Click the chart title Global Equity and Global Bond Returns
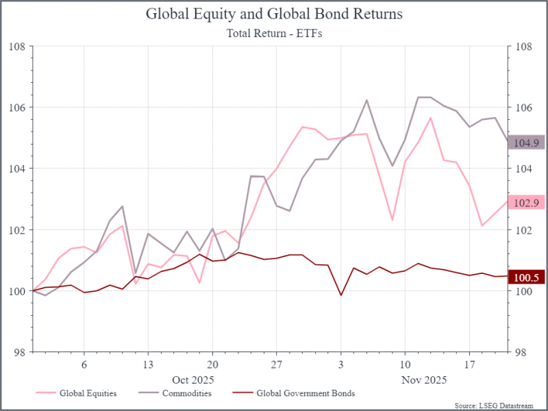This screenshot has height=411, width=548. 274,14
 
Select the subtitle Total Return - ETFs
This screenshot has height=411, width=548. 274,32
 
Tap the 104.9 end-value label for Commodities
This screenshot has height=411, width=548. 525,143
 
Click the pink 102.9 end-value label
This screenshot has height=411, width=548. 525,202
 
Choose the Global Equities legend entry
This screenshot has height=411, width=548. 88,393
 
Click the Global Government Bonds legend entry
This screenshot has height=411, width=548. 305,393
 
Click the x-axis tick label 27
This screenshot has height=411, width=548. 276,364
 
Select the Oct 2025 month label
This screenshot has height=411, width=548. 193,379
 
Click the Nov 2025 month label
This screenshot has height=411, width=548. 424,379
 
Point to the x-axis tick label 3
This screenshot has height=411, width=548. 340,364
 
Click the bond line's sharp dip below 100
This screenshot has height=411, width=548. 340,295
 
